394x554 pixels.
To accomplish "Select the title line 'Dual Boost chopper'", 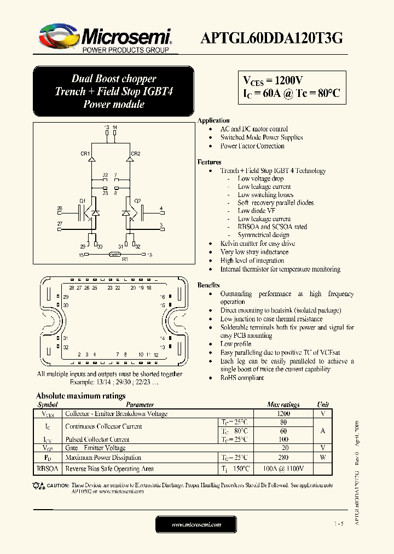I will (114, 78).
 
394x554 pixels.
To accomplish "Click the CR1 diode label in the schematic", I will (85, 154).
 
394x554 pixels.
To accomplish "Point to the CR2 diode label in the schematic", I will (136, 154).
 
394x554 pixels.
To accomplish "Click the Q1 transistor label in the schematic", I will (82, 201).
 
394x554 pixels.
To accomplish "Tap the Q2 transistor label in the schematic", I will (138, 201).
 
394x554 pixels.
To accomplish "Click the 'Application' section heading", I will (213, 120).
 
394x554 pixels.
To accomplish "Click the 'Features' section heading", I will (209, 162).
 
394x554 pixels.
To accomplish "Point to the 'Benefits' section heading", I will (208, 285).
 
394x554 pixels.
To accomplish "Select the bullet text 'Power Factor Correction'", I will (252, 146).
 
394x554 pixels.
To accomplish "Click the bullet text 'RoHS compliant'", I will (242, 378).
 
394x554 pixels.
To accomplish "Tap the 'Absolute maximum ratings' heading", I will (80, 396).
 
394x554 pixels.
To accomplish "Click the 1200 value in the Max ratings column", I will (283, 414).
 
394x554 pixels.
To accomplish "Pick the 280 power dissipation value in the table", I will (283, 458).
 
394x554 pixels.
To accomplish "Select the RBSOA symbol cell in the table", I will (48, 469).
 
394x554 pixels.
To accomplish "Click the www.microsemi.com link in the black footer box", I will (196, 524).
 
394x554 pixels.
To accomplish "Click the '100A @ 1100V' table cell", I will (283, 469).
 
